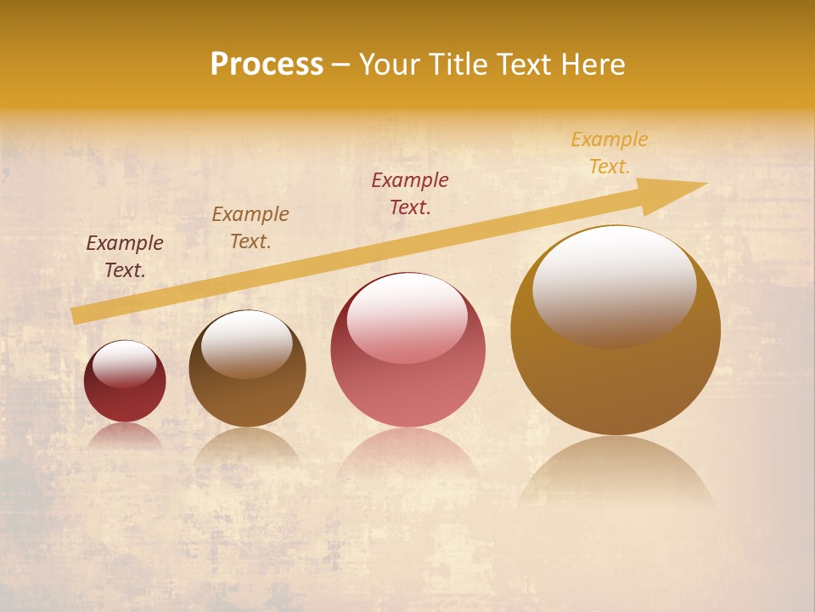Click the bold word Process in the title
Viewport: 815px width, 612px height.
(x=267, y=65)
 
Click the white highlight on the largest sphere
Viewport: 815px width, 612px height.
(x=614, y=285)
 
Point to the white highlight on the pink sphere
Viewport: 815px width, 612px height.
(x=407, y=316)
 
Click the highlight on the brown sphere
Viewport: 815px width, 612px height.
(x=246, y=343)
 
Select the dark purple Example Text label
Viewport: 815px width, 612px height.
(x=125, y=257)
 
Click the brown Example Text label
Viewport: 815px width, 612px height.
(x=250, y=228)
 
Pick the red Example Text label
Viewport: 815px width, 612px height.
(x=410, y=193)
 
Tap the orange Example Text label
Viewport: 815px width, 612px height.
(x=610, y=153)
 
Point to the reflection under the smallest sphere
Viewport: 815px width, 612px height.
(x=125, y=436)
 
